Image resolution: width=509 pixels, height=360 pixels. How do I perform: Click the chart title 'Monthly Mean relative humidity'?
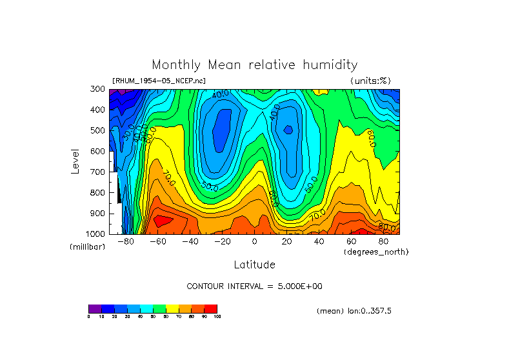(x=254, y=65)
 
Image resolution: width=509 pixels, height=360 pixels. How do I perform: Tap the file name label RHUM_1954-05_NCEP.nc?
(x=159, y=81)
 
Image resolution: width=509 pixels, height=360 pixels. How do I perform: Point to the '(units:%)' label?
(x=370, y=81)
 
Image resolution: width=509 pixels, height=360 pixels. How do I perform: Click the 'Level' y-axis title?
(x=75, y=161)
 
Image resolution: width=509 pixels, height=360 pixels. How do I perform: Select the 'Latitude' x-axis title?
(x=254, y=265)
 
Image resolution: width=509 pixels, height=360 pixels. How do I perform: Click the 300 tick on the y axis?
(x=98, y=89)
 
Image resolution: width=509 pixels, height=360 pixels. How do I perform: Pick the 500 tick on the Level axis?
(x=98, y=130)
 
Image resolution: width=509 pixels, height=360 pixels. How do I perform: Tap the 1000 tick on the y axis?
(x=96, y=234)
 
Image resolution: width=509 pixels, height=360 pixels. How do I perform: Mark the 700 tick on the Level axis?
(x=98, y=172)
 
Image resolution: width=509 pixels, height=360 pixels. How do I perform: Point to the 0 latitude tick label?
(x=254, y=242)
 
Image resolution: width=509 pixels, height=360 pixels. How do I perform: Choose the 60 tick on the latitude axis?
(x=352, y=242)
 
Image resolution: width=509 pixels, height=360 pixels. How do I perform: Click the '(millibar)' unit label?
(x=87, y=247)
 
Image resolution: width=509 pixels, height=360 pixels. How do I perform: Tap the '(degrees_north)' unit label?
(x=376, y=252)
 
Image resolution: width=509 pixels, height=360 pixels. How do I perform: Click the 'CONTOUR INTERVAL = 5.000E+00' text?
(x=254, y=286)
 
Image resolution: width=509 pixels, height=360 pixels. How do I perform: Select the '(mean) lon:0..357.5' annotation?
(x=354, y=311)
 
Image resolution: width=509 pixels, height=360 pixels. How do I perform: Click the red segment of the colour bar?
(x=211, y=308)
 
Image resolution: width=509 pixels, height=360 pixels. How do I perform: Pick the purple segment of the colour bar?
(x=95, y=308)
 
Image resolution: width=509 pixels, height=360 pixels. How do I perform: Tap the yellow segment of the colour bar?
(x=172, y=308)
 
